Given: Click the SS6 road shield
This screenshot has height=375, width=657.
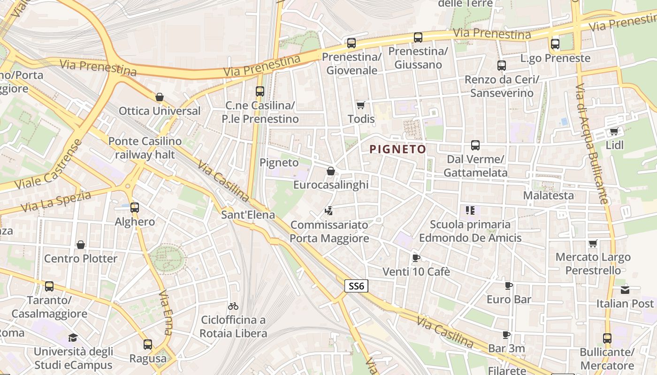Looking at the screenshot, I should point(356,286).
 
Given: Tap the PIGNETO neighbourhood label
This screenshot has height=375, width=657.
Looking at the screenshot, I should point(398,150).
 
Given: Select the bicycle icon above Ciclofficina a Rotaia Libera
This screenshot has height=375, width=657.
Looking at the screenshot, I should point(233,306).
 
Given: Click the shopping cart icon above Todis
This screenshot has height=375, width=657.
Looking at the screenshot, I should point(360,105).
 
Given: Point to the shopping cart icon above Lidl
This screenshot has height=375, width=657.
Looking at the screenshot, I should point(614,131).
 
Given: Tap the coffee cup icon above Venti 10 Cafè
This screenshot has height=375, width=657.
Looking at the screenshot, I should point(416,258).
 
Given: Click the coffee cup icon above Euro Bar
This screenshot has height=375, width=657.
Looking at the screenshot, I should point(509,285).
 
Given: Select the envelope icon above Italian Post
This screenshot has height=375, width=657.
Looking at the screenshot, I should point(625,290).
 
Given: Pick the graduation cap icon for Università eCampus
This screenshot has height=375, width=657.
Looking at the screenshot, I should point(73,337).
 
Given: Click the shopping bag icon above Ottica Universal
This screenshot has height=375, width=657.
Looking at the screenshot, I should point(160,97).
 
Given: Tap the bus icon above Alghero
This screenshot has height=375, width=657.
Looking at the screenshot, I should point(135,207).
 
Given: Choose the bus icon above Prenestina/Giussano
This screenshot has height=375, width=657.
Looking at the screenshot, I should point(418,37).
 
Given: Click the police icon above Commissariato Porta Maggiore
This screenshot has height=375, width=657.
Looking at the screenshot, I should point(329,211).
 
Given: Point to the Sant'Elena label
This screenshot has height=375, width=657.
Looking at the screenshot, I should point(248,216).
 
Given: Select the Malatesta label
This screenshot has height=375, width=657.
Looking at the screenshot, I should point(548,195).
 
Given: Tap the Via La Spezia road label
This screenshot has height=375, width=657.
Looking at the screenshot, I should point(56,202).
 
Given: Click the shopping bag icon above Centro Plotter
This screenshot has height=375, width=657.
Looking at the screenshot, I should point(81,245).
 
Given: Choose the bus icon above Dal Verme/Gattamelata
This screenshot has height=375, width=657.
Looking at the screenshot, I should point(475,145).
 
